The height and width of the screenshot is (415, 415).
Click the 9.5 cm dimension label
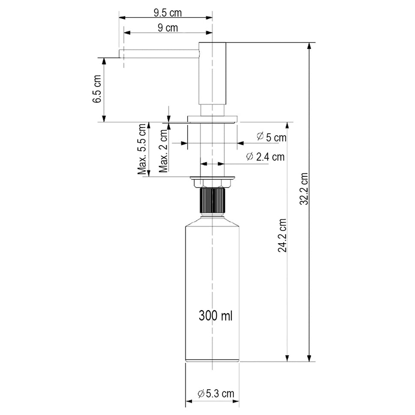168,13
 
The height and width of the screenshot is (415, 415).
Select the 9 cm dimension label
168,28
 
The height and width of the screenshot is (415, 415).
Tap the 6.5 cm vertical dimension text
97,89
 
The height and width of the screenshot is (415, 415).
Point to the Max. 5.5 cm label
142,149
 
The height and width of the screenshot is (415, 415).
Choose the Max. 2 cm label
163,151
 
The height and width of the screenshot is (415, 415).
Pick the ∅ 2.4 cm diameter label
265,157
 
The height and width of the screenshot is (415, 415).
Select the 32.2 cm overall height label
304,189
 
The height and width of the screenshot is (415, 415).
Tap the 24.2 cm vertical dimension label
282,235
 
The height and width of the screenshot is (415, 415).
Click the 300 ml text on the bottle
215,316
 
